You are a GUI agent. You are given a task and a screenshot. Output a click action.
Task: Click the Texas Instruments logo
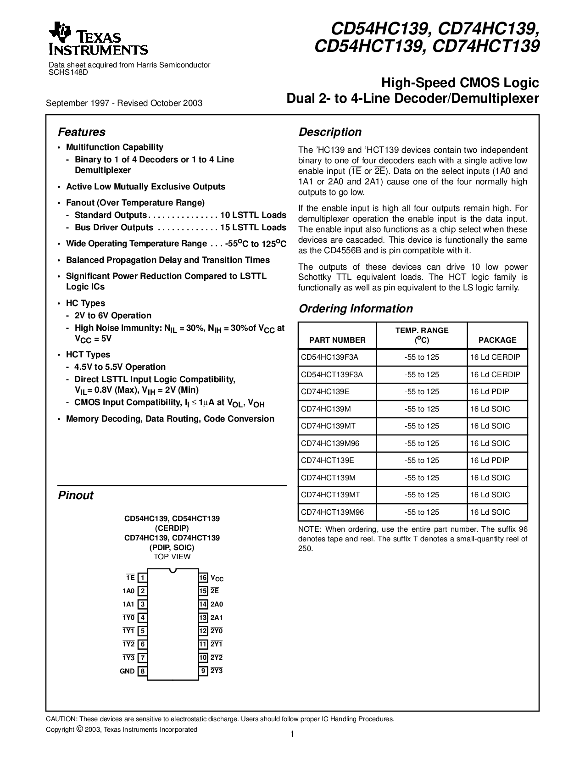(x=98, y=39)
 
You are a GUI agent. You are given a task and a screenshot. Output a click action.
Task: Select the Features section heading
(x=82, y=132)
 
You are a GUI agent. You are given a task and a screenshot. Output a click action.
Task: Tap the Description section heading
(x=330, y=132)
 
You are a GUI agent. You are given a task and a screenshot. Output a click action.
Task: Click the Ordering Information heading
(x=356, y=309)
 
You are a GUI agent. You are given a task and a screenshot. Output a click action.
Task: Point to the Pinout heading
(x=76, y=495)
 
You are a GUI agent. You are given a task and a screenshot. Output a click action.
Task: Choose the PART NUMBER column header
(x=337, y=340)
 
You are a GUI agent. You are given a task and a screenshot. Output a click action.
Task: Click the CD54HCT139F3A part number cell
(x=332, y=374)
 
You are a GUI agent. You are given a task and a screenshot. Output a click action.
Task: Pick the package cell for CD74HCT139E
(x=490, y=460)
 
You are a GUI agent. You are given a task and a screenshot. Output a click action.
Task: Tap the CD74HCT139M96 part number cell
(x=332, y=512)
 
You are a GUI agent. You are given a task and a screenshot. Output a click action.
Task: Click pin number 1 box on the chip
(x=143, y=578)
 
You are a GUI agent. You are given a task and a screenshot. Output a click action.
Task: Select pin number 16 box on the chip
(x=203, y=578)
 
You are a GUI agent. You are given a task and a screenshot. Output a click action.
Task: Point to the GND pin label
(x=127, y=671)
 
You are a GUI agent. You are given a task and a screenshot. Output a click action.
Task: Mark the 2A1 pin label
(x=217, y=618)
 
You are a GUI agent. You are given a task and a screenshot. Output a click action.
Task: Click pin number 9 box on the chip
(x=203, y=671)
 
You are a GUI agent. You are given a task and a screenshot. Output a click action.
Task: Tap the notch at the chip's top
(x=173, y=570)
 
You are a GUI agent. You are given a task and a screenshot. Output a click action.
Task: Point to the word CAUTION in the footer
(x=61, y=719)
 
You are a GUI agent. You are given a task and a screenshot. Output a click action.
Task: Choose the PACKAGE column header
(x=497, y=340)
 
